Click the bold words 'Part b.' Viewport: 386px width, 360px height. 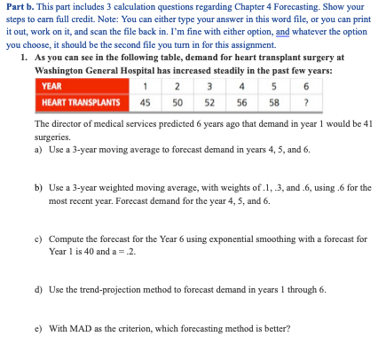point(21,7)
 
